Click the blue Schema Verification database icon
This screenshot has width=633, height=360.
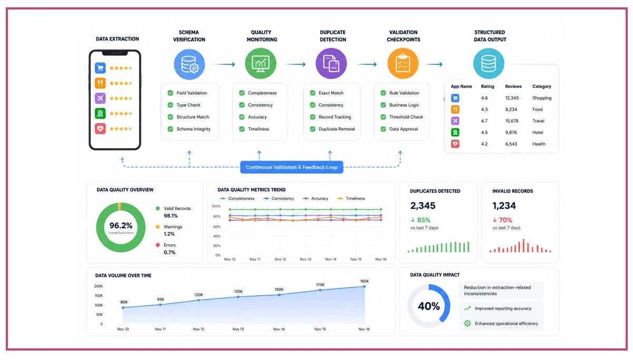(190, 64)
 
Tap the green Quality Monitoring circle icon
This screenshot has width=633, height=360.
(261, 64)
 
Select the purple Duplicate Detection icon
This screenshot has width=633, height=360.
(331, 64)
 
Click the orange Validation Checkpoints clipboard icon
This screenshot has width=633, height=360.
(403, 64)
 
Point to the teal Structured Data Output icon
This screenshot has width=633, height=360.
(489, 64)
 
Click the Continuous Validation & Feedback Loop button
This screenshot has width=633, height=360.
(292, 167)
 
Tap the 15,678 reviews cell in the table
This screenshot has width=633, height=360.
(512, 121)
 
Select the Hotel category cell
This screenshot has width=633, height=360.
(538, 133)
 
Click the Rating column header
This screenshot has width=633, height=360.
(488, 86)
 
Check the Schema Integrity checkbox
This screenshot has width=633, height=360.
(170, 129)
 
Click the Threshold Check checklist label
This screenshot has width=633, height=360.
(406, 117)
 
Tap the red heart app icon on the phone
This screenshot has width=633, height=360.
(100, 128)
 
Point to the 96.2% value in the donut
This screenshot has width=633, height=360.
(121, 225)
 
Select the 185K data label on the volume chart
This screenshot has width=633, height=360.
(364, 281)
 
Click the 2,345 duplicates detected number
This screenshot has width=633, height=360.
(423, 206)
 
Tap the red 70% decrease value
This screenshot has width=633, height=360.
(502, 220)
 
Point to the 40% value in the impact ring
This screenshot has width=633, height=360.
(429, 306)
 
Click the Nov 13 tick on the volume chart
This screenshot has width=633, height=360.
(238, 329)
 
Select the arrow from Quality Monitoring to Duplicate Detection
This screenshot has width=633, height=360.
(295, 64)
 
